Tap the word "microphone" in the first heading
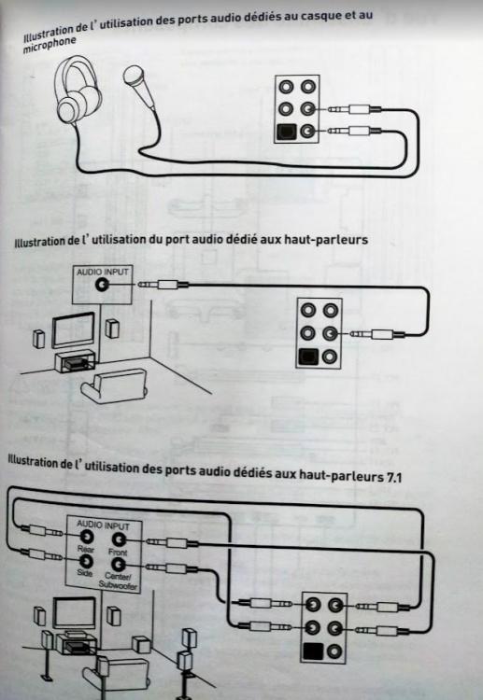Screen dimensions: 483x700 (x=50, y=44)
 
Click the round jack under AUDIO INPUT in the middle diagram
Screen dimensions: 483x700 (x=103, y=284)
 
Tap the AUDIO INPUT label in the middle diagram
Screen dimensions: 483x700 (x=103, y=272)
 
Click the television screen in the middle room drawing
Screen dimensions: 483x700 (x=73, y=330)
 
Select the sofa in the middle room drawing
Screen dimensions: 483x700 (x=114, y=385)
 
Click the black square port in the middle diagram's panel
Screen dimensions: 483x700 (x=307, y=357)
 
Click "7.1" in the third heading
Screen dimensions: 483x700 (x=392, y=477)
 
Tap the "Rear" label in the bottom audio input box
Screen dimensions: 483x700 (x=85, y=549)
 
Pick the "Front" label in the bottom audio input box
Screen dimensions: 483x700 (x=118, y=553)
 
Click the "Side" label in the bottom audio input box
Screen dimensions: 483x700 (x=84, y=573)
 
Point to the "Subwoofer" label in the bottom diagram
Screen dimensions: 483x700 (x=118, y=585)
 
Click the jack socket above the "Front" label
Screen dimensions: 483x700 (x=119, y=540)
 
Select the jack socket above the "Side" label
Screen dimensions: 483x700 (x=85, y=560)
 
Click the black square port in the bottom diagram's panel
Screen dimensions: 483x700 (x=313, y=651)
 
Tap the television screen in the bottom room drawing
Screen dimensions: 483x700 (x=75, y=613)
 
